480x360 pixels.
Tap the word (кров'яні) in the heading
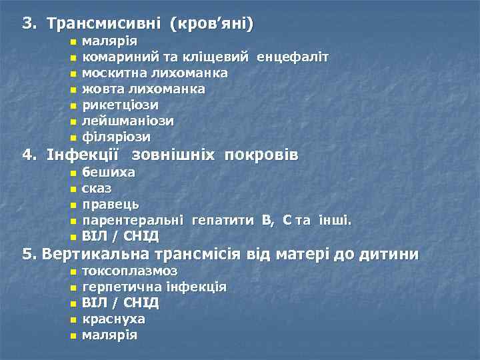[212, 24]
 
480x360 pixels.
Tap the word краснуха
[113, 319]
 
